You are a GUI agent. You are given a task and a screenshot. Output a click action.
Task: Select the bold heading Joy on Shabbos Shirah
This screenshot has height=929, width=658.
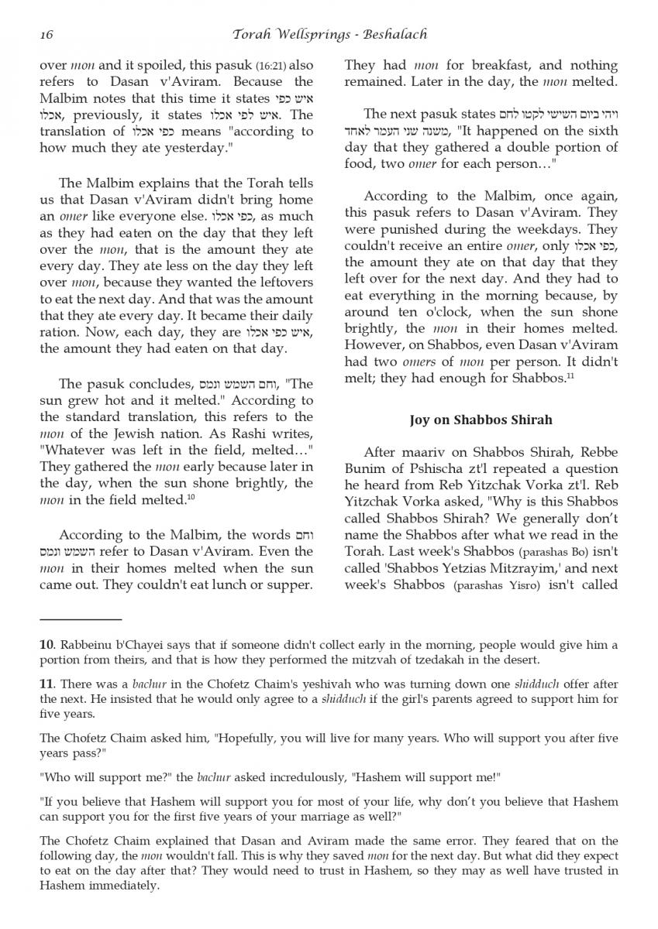[x=481, y=420]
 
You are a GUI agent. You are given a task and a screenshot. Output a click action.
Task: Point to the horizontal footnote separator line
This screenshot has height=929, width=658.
[x=81, y=620]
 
